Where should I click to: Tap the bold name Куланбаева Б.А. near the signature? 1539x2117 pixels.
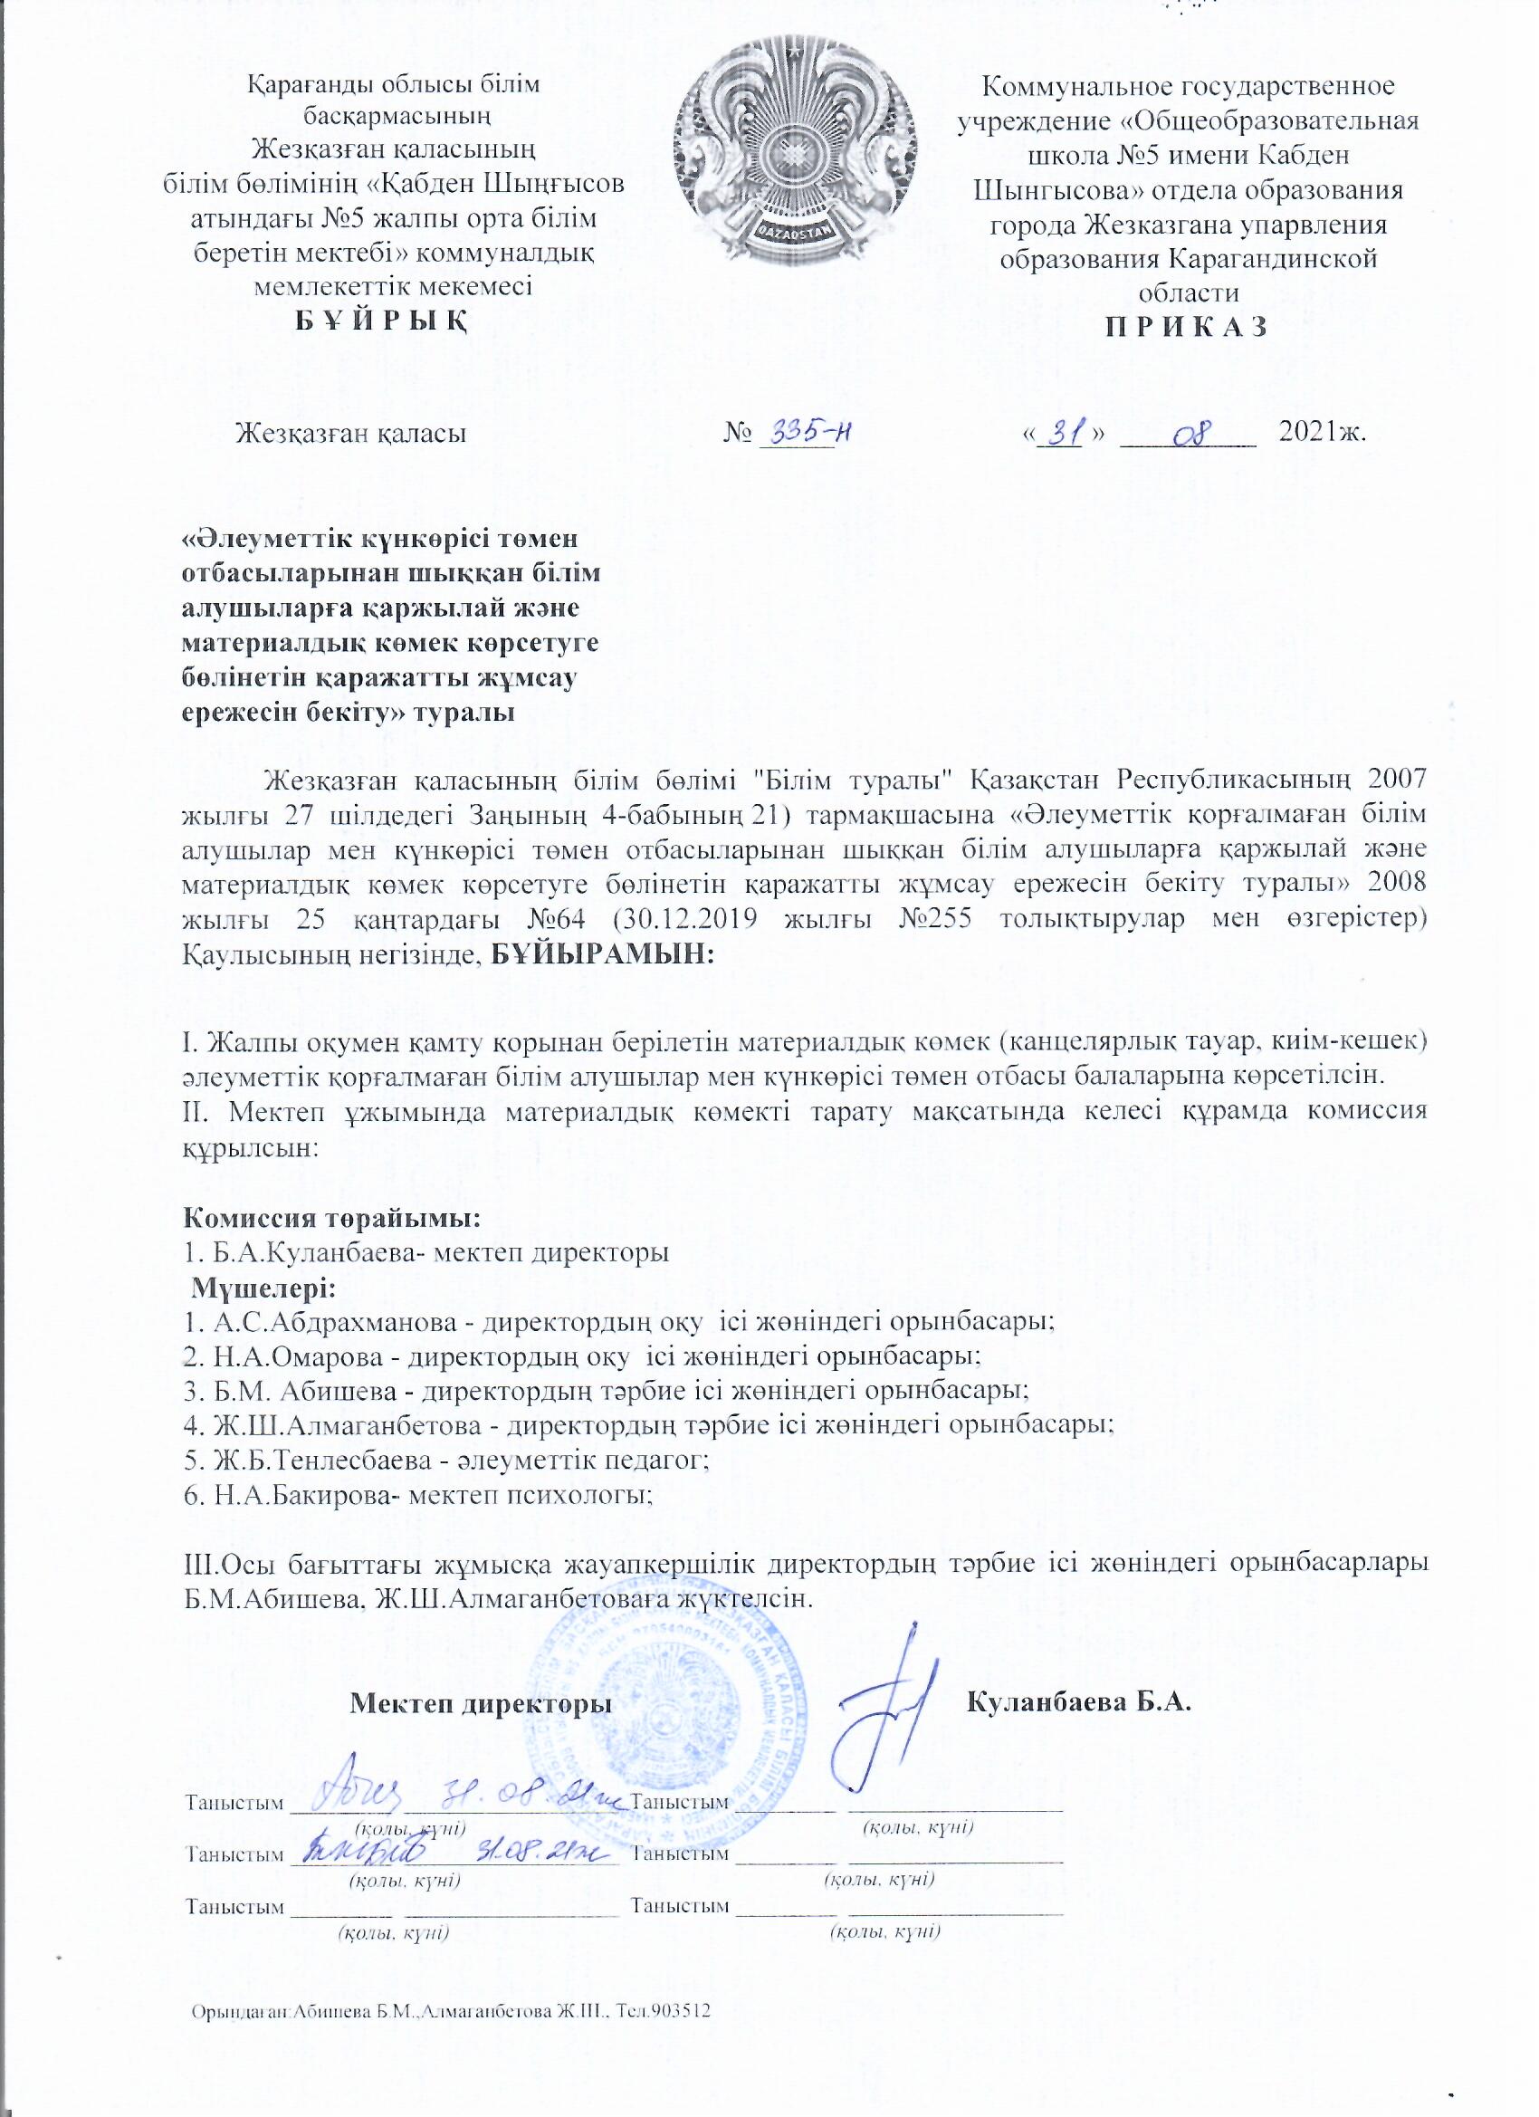click(1082, 1701)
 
